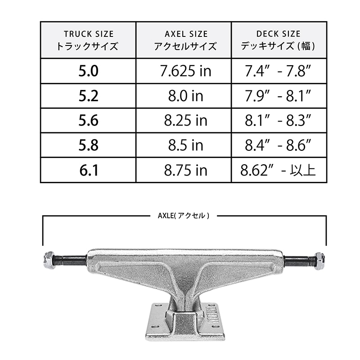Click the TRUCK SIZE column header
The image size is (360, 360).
(x=88, y=40)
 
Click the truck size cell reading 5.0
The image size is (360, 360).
(x=88, y=71)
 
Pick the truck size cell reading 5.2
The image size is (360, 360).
(x=88, y=96)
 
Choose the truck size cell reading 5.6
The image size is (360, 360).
(x=88, y=120)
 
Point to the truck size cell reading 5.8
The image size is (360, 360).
(x=88, y=145)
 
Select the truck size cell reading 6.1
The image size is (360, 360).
(x=89, y=170)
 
